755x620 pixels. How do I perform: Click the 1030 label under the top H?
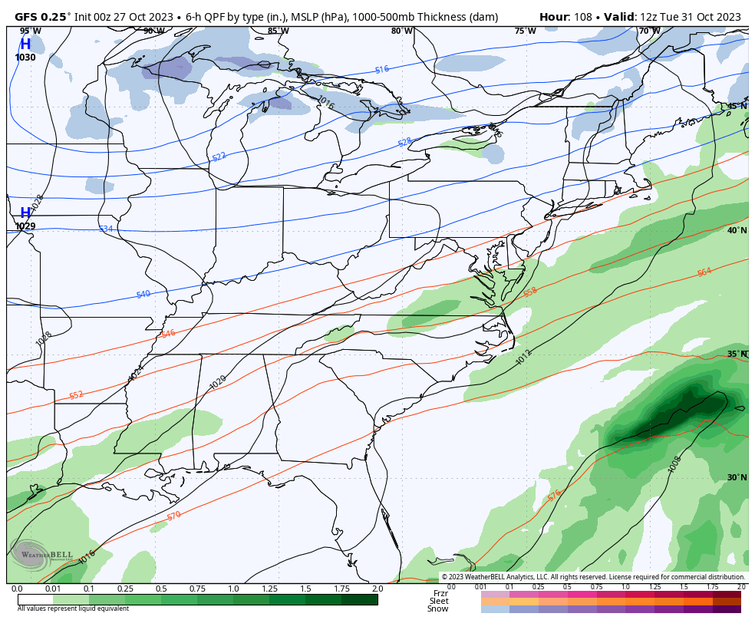click(25, 58)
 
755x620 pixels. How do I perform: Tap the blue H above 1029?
click(25, 213)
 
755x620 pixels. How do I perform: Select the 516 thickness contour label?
click(381, 70)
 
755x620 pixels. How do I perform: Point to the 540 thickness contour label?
click(143, 294)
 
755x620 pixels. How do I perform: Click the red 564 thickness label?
click(704, 272)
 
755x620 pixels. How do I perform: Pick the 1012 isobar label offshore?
click(523, 357)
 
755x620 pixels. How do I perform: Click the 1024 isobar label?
click(136, 374)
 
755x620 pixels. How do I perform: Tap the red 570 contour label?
click(174, 516)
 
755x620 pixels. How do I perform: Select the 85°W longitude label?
click(278, 31)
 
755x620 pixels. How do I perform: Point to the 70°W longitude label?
click(648, 31)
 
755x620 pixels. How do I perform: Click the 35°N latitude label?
click(737, 354)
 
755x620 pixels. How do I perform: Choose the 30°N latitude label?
click(737, 477)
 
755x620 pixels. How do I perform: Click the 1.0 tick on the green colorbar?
click(233, 589)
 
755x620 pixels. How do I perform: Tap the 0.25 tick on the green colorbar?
click(125, 589)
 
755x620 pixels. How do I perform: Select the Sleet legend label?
click(439, 601)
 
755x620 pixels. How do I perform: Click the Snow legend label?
click(438, 609)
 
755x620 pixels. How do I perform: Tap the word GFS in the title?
click(28, 17)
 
